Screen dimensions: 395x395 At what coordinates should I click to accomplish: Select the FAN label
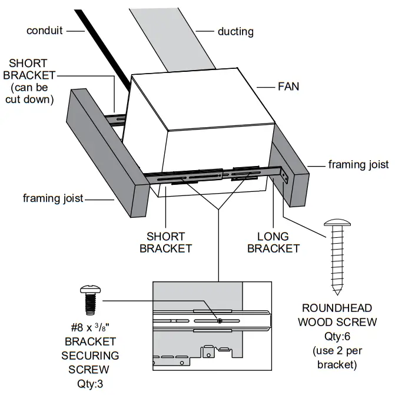click(x=288, y=87)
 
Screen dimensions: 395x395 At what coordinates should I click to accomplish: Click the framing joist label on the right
click(x=358, y=165)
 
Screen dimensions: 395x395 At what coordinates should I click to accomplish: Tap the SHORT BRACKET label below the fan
click(x=165, y=242)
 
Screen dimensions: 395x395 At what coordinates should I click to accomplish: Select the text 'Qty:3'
click(x=91, y=382)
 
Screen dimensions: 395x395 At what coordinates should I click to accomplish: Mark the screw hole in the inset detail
click(x=218, y=321)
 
